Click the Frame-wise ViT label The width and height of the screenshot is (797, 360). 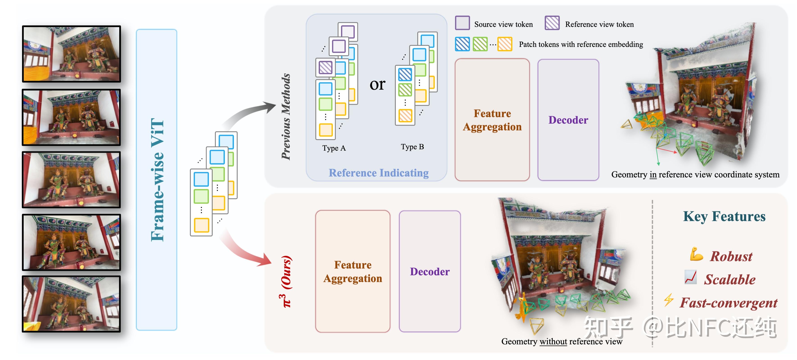pos(157,180)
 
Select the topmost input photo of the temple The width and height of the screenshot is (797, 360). pos(72,54)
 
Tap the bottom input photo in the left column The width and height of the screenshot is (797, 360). pos(72,304)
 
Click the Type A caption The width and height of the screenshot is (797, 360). pos(334,148)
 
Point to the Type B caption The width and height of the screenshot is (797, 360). pos(412,147)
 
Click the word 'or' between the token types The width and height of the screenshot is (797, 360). pos(378,84)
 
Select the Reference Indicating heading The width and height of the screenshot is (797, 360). pos(379,173)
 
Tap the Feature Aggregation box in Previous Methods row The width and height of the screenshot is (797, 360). pos(492,120)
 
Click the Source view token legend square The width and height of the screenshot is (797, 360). pos(462,23)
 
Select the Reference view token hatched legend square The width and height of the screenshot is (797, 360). pos(552,23)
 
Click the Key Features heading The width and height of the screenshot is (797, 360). pos(724,216)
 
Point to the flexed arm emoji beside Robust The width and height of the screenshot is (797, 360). pos(696,254)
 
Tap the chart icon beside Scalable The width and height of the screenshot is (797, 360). pos(691,277)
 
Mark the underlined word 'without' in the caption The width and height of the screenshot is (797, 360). pos(553,342)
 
